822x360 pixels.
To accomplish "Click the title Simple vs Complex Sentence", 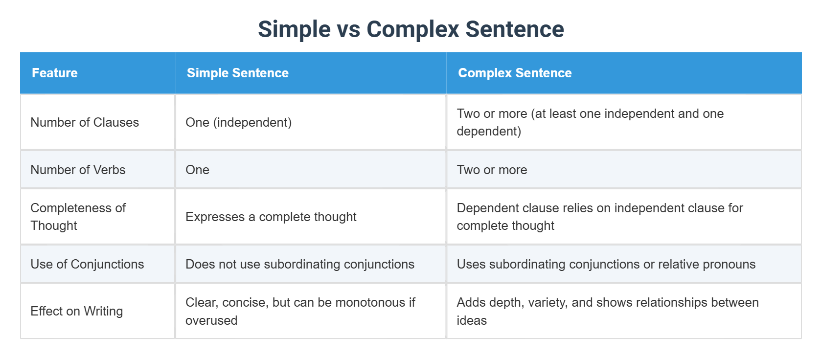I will click(x=411, y=29).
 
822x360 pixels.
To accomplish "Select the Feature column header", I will click(x=55, y=73).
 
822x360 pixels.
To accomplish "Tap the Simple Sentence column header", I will click(x=238, y=73).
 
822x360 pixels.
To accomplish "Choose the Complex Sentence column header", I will click(x=515, y=73).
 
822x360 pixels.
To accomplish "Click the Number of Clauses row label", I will click(x=85, y=122).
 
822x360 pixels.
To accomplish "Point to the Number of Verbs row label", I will click(x=78, y=170).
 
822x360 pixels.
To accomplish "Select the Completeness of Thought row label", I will click(x=78, y=217).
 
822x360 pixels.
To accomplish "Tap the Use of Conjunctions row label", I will click(x=87, y=264).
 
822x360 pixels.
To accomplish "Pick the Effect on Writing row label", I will click(x=76, y=311).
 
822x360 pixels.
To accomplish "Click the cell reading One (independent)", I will click(x=238, y=122).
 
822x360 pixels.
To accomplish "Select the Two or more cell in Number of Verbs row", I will click(x=492, y=170).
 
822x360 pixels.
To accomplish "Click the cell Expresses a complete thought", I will click(x=271, y=217).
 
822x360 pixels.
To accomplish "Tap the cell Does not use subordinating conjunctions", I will click(x=299, y=264).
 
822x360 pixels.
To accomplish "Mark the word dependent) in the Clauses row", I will click(x=488, y=131).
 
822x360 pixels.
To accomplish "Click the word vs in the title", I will click(x=348, y=29).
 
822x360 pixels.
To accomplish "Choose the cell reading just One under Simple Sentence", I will click(x=197, y=170).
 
